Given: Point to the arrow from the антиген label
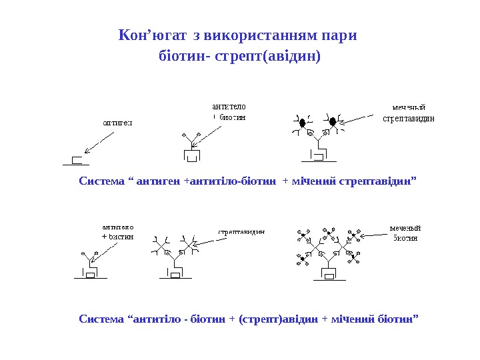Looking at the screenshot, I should (x=99, y=141).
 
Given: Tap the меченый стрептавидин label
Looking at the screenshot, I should (x=409, y=113).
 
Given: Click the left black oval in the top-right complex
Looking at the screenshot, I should (x=302, y=123).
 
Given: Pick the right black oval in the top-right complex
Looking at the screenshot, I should (x=332, y=122).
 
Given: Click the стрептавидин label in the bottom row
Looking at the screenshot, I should (x=242, y=232).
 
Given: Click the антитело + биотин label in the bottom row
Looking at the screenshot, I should (x=117, y=231).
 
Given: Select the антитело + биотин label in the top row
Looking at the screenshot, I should (x=229, y=111).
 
